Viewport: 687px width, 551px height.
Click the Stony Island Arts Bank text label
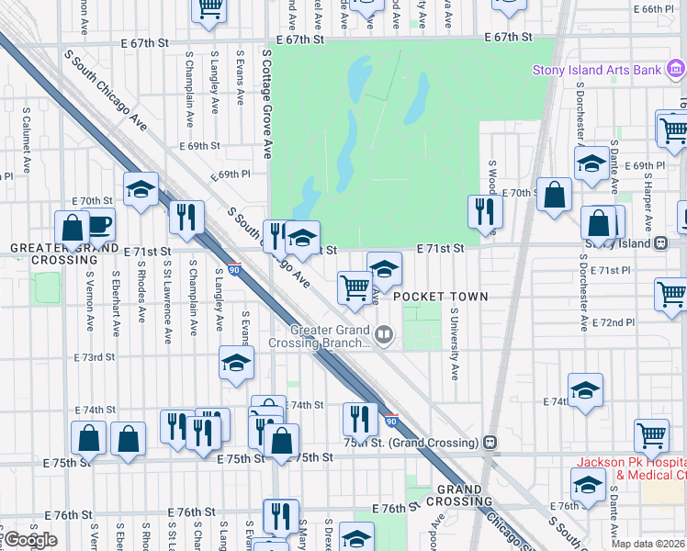point(598,70)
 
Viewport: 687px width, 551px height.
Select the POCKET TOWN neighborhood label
point(440,297)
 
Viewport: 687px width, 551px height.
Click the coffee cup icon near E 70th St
point(99,224)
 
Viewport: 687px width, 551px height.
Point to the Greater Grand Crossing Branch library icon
point(387,337)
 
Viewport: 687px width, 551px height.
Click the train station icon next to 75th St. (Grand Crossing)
point(490,442)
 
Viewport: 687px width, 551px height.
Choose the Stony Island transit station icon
point(660,243)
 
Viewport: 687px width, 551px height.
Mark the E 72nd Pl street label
point(614,323)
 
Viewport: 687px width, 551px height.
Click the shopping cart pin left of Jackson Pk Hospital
point(651,434)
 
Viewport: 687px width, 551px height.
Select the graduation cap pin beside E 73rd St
point(237,363)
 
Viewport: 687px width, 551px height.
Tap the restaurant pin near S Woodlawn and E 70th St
point(484,212)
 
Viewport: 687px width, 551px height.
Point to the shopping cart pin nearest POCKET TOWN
point(355,287)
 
